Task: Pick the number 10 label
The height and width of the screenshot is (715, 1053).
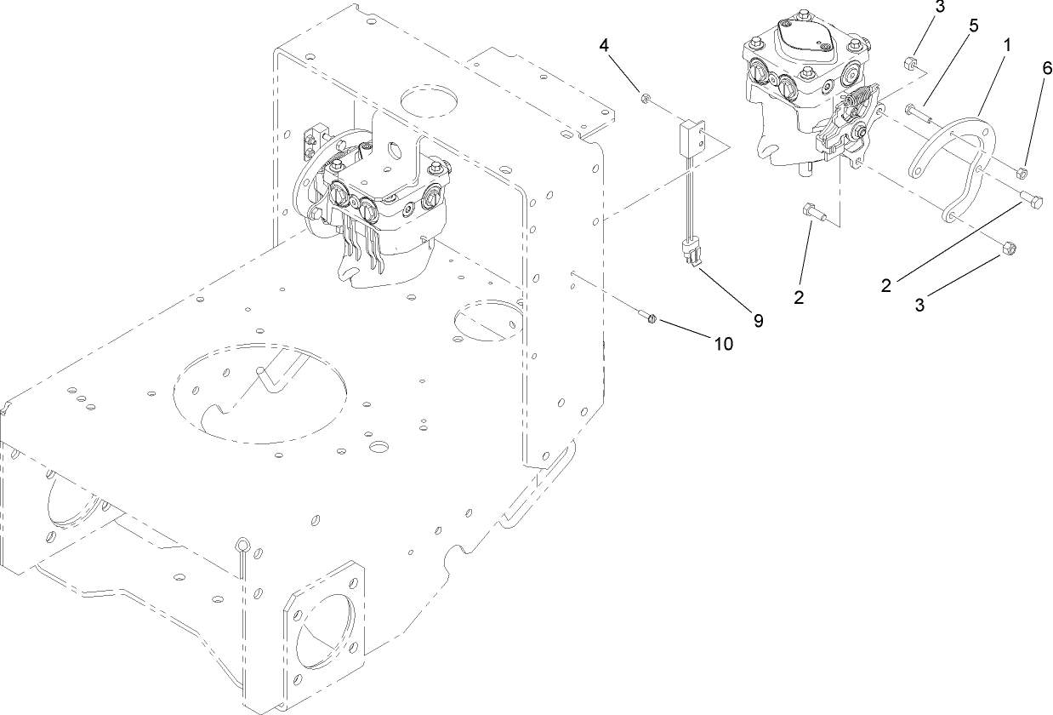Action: [x=723, y=343]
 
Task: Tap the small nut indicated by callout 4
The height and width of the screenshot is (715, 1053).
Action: [x=646, y=100]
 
